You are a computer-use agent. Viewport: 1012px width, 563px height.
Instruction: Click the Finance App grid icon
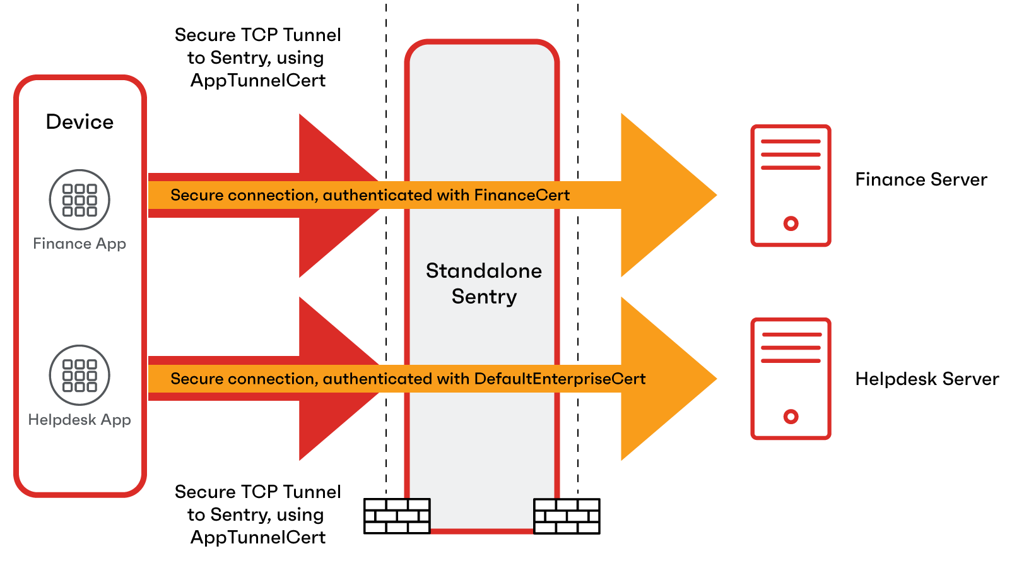click(x=79, y=199)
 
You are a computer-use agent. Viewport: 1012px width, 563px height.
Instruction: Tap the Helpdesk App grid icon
click(x=79, y=375)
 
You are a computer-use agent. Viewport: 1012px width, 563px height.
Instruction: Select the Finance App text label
click(x=79, y=244)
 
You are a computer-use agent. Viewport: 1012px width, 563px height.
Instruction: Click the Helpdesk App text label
click(x=79, y=420)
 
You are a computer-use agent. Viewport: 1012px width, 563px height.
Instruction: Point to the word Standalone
click(x=484, y=271)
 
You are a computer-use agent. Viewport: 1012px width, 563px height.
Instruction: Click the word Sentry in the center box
click(x=484, y=297)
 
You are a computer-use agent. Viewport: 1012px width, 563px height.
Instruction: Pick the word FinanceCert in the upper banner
click(x=522, y=195)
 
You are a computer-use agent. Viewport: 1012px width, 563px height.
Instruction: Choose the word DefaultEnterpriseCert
click(x=560, y=379)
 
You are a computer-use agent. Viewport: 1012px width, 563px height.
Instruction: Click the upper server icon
click(x=791, y=186)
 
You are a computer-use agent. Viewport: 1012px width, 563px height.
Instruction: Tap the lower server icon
click(x=791, y=379)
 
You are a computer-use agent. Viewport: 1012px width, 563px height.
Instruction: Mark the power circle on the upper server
click(x=791, y=223)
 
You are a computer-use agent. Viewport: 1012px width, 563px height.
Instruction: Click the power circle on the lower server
click(x=791, y=417)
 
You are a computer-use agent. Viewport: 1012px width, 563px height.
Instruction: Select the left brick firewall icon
click(x=397, y=516)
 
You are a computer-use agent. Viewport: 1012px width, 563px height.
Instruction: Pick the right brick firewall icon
click(x=566, y=516)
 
